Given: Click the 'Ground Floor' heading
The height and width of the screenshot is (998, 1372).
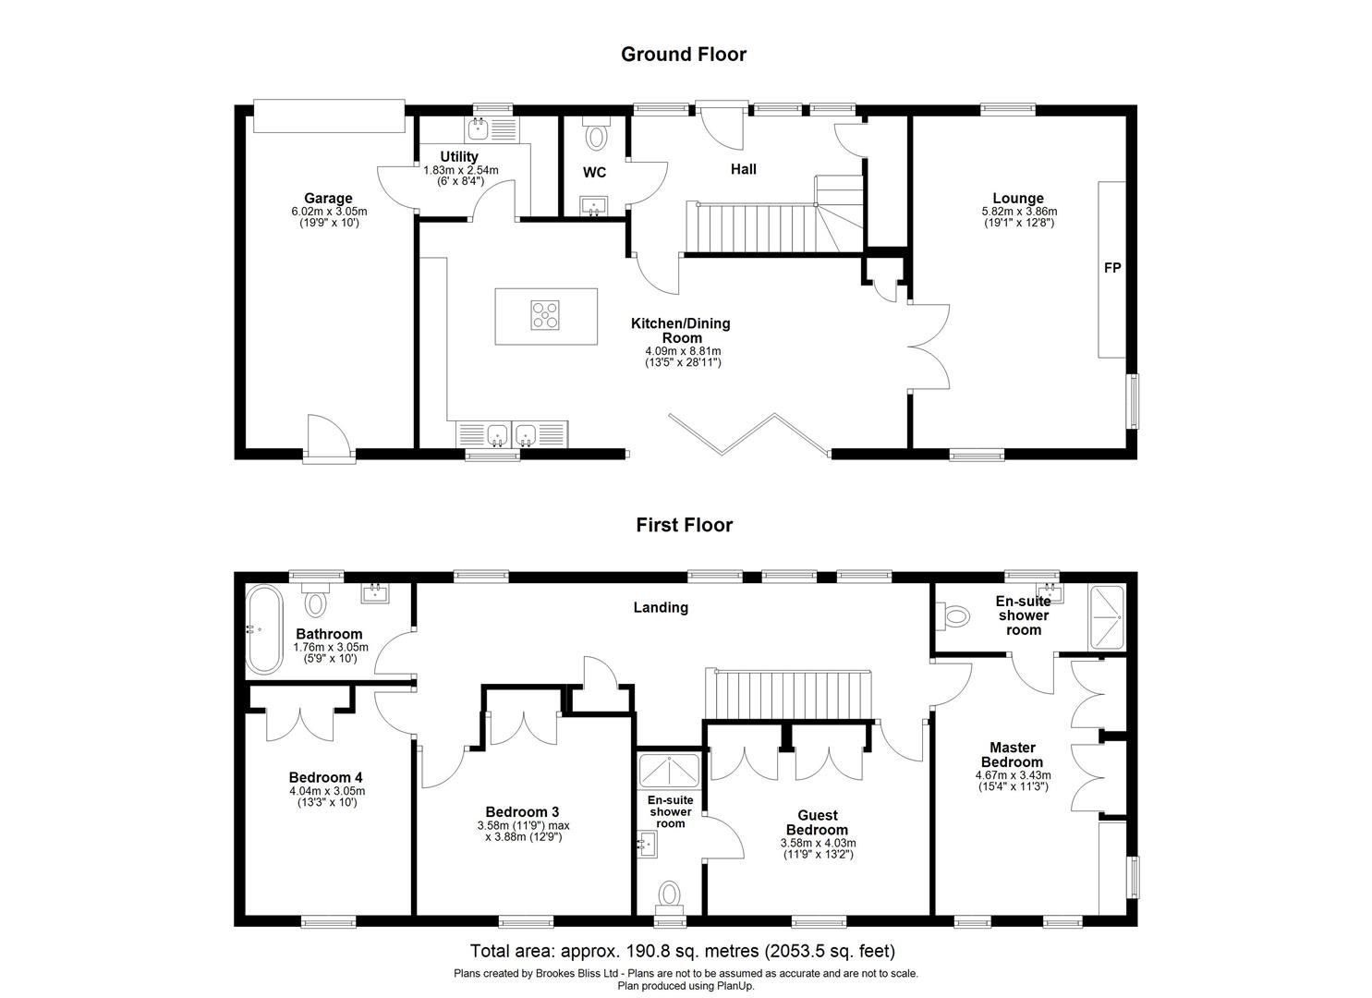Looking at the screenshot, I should coord(683,55).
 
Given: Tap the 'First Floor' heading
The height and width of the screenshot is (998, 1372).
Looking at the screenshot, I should coord(684,525).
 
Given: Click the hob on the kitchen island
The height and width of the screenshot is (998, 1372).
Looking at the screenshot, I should coord(545,315).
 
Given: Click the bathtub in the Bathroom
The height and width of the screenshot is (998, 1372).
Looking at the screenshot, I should coord(265,629).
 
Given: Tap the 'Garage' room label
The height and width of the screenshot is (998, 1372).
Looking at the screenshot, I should coord(328,198).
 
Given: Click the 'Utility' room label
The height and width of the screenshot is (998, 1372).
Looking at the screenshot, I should coord(459,156).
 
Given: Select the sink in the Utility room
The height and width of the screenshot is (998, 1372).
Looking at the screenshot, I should coord(480,128).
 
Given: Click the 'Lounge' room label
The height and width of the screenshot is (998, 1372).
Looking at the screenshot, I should coord(1018,198).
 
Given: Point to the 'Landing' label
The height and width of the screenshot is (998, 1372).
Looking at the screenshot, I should coord(661,607).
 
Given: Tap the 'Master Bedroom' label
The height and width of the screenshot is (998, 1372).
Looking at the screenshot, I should coord(1013,754).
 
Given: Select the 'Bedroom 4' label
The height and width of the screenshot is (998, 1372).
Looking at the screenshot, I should coord(320,777).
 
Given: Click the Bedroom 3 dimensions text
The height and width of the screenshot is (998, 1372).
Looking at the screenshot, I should coord(519,831).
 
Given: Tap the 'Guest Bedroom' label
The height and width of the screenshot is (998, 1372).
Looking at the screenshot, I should coord(818,822).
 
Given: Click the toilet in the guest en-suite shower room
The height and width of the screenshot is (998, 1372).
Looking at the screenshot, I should coord(669,894).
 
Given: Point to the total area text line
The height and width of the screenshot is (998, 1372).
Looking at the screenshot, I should coord(683,950).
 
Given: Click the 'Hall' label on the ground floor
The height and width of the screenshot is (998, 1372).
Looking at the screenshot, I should coord(743,169).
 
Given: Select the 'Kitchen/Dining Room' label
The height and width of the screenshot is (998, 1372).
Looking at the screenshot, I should coord(681,330).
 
